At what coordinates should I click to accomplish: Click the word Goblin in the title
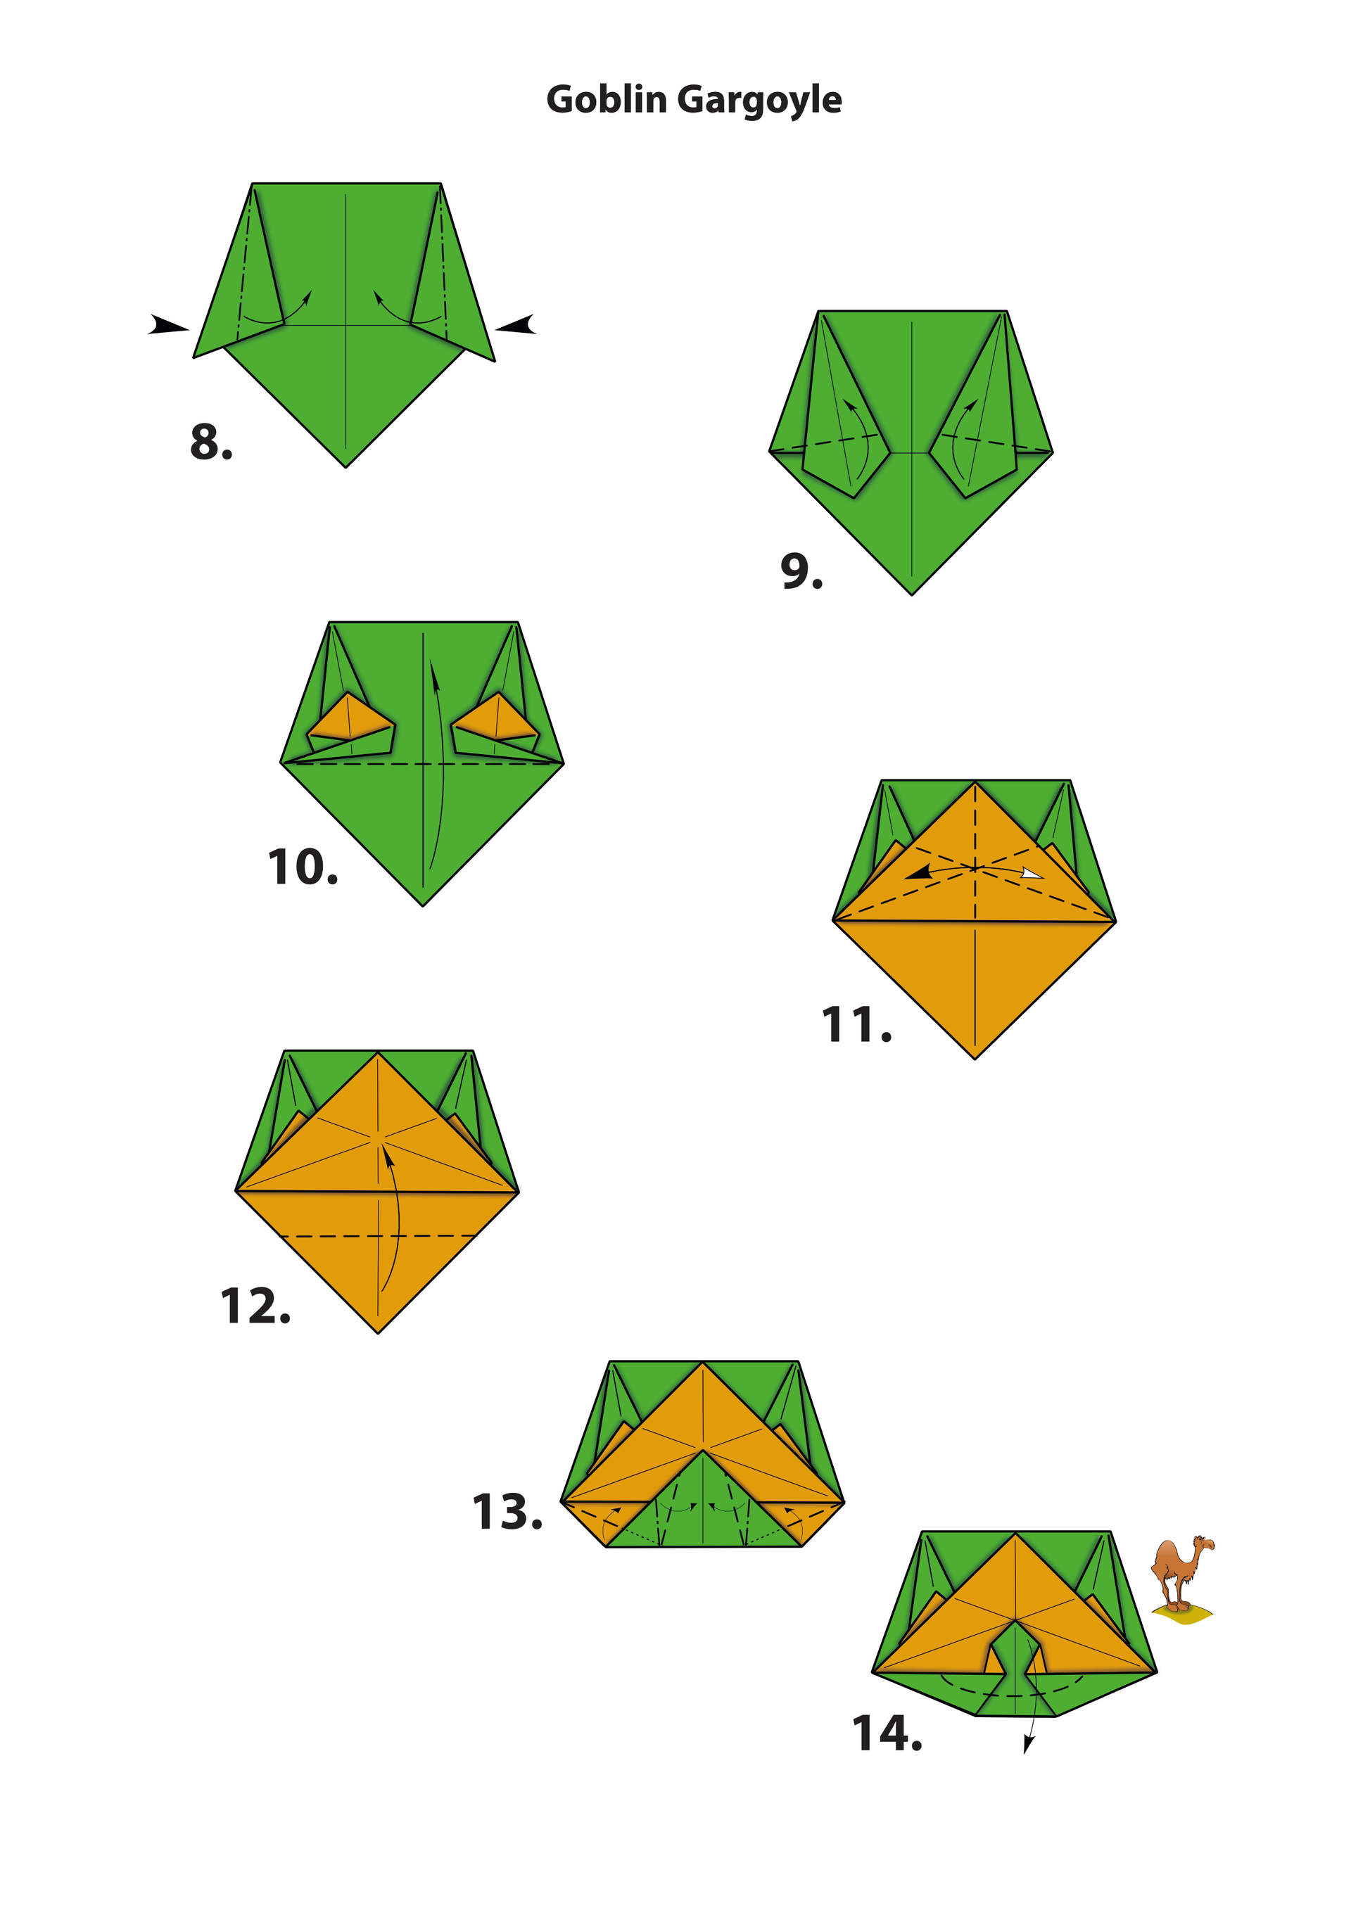pyautogui.click(x=607, y=100)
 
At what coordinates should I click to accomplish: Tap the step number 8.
pyautogui.click(x=210, y=442)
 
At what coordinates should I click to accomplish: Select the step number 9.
pyautogui.click(x=801, y=571)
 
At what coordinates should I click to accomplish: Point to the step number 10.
pyautogui.click(x=303, y=867)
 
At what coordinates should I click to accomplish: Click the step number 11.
pyautogui.click(x=856, y=1024)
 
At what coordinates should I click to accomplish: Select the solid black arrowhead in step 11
pyautogui.click(x=918, y=872)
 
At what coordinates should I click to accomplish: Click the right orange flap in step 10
pyautogui.click(x=496, y=718)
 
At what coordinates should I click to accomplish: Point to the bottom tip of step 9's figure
pyautogui.click(x=912, y=594)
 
